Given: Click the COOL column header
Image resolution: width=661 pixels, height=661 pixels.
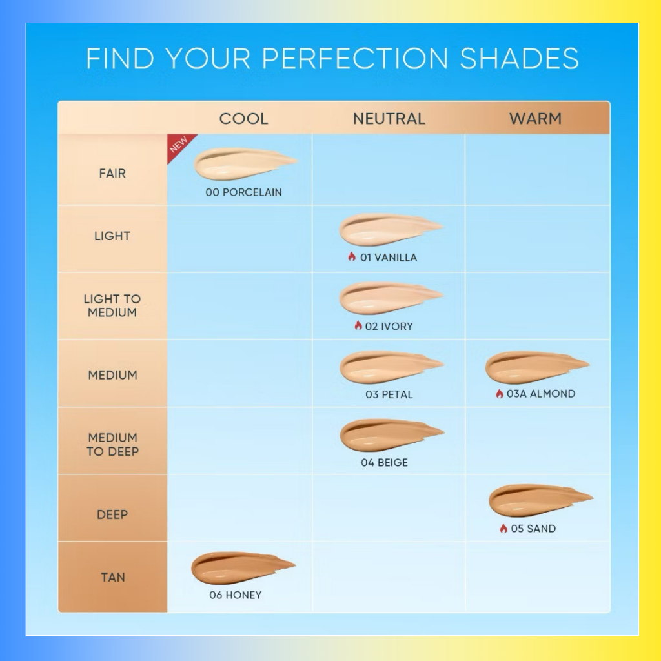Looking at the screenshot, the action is coord(243,119).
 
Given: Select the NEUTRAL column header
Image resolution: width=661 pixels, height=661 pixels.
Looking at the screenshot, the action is coord(389,119).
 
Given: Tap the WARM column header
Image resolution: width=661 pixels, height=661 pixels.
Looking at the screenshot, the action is coord(535,119).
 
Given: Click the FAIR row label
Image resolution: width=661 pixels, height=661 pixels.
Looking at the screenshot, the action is coord(112,173).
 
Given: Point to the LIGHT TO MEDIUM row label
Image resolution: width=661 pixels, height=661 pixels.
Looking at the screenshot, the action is coord(112,305).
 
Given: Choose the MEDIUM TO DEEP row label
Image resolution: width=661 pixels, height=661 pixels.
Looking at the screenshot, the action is coord(112,444).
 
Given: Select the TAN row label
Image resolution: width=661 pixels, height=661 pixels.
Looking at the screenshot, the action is coord(113,577).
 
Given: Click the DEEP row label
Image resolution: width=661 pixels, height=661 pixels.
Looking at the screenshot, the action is coord(112,514).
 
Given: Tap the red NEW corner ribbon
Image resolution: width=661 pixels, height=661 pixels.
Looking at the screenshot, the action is coord(179,145).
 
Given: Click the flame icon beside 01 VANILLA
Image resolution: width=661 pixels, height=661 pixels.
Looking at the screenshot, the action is coord(352,257).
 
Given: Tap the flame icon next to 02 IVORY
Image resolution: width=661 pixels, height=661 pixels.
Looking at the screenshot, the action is coord(358,325).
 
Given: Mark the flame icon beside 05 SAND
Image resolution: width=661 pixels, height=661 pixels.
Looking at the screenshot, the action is coord(503,528).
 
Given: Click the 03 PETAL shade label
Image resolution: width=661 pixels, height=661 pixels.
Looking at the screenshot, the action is coord(389,394).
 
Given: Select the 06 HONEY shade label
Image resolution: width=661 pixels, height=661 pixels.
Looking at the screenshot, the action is coord(236,595).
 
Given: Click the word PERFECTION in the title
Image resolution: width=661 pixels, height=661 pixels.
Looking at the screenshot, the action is coord(355,58).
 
